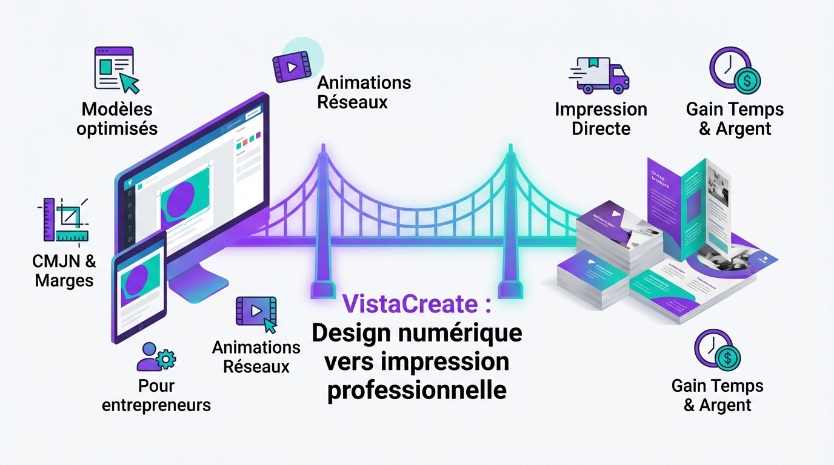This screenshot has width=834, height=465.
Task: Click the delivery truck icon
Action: coord(599,75)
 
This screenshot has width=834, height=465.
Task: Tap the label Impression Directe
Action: coord(601,119)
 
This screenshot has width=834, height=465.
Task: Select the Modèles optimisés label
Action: coord(117,119)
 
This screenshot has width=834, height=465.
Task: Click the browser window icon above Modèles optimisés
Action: coord(115,68)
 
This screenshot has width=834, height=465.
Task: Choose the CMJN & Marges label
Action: coord(64,271)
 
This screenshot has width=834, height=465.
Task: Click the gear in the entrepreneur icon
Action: coord(165,360)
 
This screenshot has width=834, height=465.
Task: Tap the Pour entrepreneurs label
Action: coord(156,395)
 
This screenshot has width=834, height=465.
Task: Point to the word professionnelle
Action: coord(416,390)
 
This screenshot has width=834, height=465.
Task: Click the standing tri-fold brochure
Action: coord(688,206)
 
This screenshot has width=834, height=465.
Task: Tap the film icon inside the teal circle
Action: coord(292,67)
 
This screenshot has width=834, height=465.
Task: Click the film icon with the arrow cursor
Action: coord(255,312)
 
